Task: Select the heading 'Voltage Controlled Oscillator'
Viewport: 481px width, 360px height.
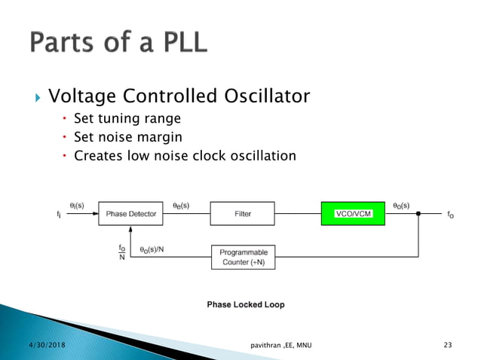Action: pyautogui.click(x=179, y=97)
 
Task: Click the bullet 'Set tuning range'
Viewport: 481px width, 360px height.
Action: pyautogui.click(x=127, y=118)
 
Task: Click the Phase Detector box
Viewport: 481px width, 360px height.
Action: pyautogui.click(x=130, y=214)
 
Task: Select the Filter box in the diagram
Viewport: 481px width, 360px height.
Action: pyautogui.click(x=243, y=214)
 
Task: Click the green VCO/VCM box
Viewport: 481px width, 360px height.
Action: pyautogui.click(x=353, y=214)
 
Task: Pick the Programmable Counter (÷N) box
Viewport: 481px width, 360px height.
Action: pyautogui.click(x=243, y=257)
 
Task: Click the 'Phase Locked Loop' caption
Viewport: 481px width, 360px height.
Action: pyautogui.click(x=246, y=305)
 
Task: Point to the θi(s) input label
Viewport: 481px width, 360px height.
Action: pyautogui.click(x=77, y=204)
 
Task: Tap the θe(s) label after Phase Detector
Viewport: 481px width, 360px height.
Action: pyautogui.click(x=181, y=204)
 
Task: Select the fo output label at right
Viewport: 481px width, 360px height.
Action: pyautogui.click(x=450, y=215)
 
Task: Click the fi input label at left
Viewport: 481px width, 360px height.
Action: pyautogui.click(x=59, y=215)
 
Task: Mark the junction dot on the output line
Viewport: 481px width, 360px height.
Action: pyautogui.click(x=418, y=214)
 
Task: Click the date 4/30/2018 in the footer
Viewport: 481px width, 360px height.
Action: pyautogui.click(x=26, y=345)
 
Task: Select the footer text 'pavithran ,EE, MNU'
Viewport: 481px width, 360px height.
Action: pyautogui.click(x=280, y=345)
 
